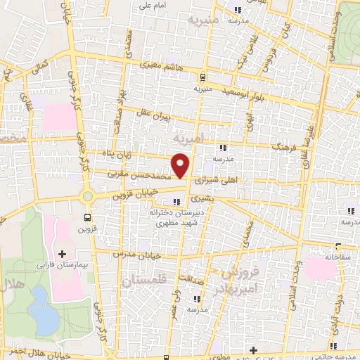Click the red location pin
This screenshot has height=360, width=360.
pos(181,166)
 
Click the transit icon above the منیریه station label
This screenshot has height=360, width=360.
pos(202,77)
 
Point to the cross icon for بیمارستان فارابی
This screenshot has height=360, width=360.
pos(62,254)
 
